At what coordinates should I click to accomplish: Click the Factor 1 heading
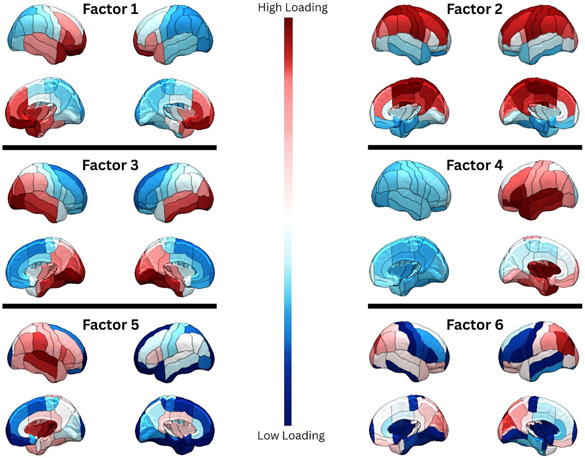[x=110, y=9]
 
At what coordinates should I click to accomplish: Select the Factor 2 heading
[x=474, y=9]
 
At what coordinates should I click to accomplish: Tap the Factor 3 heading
[x=110, y=165]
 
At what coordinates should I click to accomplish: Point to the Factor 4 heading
[x=474, y=165]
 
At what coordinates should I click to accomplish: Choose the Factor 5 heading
[x=110, y=325]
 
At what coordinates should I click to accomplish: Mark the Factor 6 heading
[x=474, y=325]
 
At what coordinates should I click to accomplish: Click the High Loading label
[x=293, y=8]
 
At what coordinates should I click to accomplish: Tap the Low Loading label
[x=291, y=436]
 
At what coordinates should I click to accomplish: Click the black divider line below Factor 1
[x=109, y=147]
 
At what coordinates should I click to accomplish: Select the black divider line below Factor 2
[x=475, y=147]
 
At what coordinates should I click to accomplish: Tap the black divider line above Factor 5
[x=109, y=306]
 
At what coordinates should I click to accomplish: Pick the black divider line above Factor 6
[x=475, y=306]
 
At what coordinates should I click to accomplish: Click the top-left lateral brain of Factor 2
[x=411, y=35]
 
